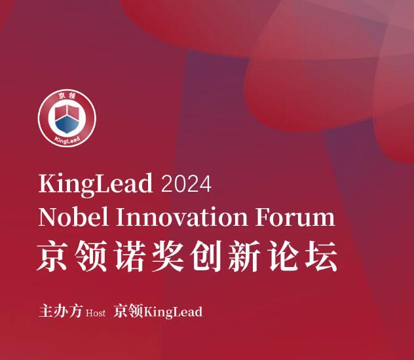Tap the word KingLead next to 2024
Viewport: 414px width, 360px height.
point(96,184)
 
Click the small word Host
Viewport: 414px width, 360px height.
point(96,313)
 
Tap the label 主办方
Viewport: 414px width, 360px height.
point(60,312)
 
